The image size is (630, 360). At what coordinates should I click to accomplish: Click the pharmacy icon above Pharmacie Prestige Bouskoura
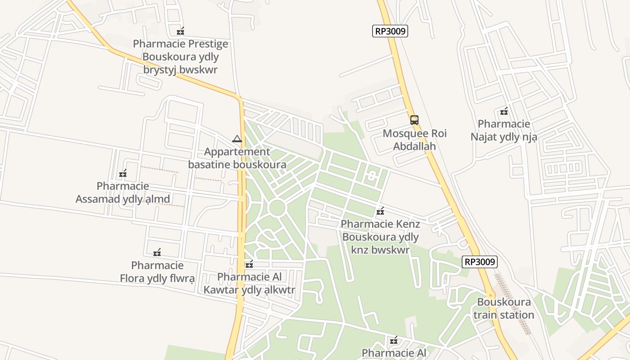click(180, 31)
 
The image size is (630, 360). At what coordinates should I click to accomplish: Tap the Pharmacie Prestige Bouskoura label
click(180, 57)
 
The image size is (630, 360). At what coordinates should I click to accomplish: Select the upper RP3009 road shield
click(390, 31)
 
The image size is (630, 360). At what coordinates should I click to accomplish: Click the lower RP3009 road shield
click(480, 262)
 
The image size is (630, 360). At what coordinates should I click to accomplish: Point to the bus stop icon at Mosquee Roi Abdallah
click(414, 120)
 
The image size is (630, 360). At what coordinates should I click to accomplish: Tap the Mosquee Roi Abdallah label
click(414, 140)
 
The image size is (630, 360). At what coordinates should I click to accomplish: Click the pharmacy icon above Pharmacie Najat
click(504, 111)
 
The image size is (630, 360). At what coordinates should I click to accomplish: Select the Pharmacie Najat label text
click(504, 130)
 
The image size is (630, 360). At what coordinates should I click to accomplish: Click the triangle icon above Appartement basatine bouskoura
click(237, 139)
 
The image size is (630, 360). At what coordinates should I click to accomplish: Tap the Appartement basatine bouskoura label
click(237, 158)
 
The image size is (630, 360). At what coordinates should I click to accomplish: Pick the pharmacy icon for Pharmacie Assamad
click(123, 173)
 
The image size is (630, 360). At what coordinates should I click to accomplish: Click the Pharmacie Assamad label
click(123, 193)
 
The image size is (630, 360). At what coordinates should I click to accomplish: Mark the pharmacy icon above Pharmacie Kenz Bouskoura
click(380, 211)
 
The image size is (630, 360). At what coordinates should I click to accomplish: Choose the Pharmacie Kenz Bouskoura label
click(380, 237)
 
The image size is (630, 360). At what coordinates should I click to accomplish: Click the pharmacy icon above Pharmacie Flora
click(157, 252)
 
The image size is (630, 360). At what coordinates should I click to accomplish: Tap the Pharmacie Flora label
click(157, 272)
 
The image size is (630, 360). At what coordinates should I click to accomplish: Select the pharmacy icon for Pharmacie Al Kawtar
click(249, 264)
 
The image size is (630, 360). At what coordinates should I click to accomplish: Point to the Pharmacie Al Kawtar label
click(249, 283)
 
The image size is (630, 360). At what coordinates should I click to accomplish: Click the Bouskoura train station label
click(504, 308)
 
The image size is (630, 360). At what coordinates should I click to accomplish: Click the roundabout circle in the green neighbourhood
click(277, 207)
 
